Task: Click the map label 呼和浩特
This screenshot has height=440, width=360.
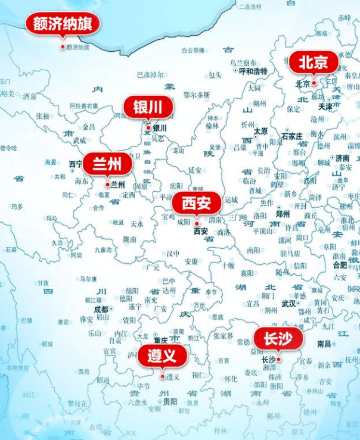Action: tap(253, 71)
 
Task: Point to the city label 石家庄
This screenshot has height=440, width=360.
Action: tap(293, 136)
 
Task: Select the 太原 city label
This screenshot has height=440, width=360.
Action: tap(260, 131)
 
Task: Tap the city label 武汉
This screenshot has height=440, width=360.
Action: tap(288, 303)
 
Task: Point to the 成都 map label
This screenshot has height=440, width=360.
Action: tap(101, 310)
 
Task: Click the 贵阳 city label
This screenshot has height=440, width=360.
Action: tap(170, 401)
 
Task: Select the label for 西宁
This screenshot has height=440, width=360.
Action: tap(76, 164)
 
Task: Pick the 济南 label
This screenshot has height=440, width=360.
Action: tap(342, 158)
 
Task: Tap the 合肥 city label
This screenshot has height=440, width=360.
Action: tap(340, 264)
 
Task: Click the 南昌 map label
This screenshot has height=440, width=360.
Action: tap(324, 344)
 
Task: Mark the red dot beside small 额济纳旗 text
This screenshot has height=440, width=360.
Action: tap(63, 47)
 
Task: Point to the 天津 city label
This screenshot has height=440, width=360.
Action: tap(325, 107)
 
